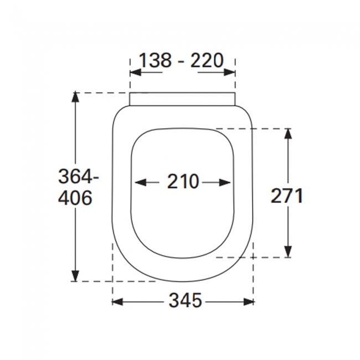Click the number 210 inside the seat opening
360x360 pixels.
[183, 181]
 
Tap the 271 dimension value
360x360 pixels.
[286, 196]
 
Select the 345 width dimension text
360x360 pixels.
[186, 300]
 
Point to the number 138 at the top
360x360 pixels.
[156, 60]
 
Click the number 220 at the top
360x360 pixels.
[207, 60]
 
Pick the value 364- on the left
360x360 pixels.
[79, 176]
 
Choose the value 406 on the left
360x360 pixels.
[75, 198]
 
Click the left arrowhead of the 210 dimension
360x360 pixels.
[141, 183]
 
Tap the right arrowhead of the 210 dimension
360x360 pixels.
[225, 183]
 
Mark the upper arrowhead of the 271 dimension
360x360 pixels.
[288, 133]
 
